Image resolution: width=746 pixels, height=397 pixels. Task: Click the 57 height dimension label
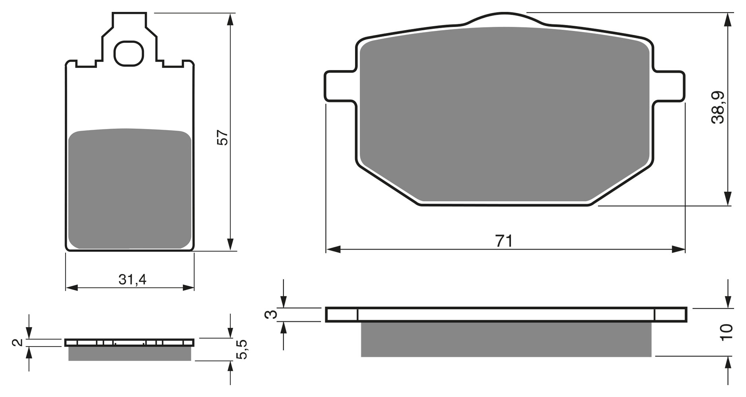point(223,137)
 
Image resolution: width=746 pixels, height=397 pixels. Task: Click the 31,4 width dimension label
point(132,280)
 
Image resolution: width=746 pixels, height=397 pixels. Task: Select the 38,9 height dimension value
point(718,108)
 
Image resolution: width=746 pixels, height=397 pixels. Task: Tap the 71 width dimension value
point(504,241)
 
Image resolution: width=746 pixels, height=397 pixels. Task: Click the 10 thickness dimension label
point(727,332)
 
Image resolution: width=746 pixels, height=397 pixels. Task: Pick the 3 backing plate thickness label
point(271,314)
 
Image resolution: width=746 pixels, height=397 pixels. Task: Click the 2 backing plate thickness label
point(17,342)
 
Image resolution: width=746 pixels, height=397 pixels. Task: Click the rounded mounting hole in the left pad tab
point(128,53)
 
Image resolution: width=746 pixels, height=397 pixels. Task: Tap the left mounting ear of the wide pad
point(340,86)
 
